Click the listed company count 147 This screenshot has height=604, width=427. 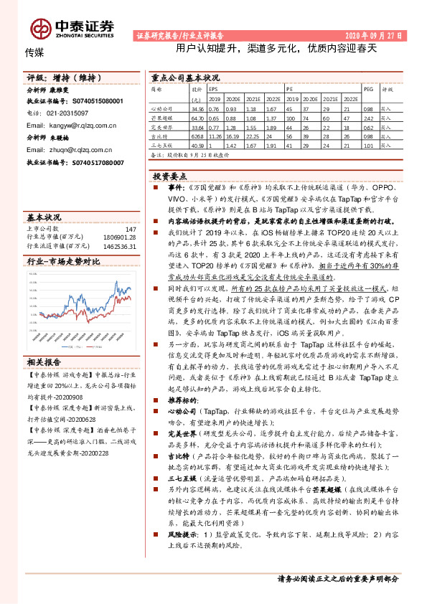(x=130, y=229)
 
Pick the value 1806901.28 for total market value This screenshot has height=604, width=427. (x=119, y=237)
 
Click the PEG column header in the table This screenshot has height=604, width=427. (x=368, y=90)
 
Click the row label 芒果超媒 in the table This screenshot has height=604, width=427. (x=163, y=116)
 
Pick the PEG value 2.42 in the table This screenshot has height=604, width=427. (x=368, y=116)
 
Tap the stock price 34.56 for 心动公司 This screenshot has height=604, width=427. (x=199, y=108)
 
